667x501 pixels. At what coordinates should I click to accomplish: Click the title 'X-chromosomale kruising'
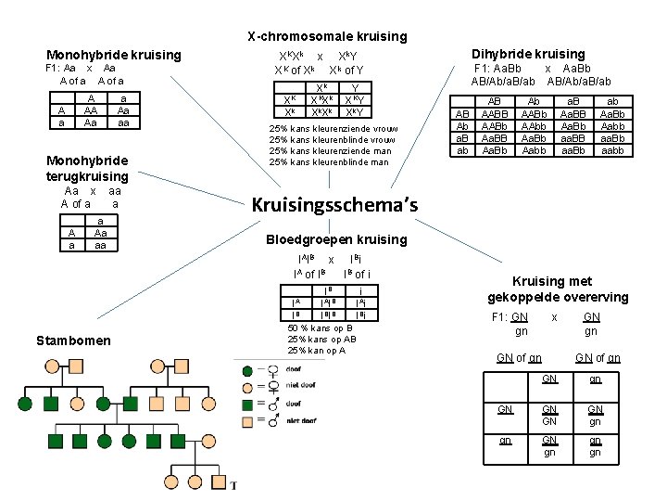click(327, 36)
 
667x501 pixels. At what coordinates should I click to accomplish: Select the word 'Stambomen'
click(72, 340)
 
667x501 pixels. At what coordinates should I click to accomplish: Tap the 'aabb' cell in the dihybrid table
click(613, 149)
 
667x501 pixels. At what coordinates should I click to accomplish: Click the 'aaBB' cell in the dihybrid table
click(573, 137)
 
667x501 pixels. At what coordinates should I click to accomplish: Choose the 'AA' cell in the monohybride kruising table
click(91, 109)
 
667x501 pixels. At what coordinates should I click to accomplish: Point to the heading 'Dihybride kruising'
click(528, 55)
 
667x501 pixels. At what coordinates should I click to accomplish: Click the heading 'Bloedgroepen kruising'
click(336, 239)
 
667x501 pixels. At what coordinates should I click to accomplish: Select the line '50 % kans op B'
click(320, 328)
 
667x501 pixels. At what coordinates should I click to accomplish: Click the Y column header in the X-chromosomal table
click(356, 87)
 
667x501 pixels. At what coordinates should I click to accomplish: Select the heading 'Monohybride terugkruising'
click(88, 168)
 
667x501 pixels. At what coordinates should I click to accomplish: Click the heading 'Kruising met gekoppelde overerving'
click(558, 289)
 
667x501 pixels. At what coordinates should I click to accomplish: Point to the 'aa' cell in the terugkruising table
click(99, 246)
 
